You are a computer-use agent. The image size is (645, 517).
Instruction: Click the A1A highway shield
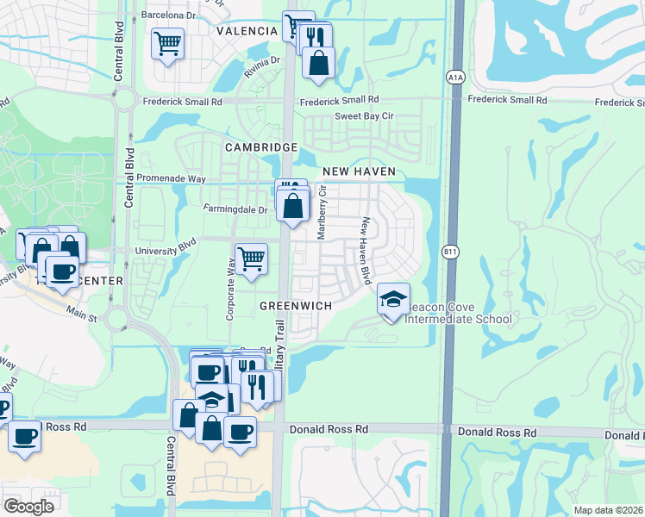click(x=454, y=78)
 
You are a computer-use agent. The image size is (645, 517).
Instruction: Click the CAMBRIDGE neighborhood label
click(x=260, y=147)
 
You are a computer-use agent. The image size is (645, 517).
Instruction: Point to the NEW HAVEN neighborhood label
click(x=359, y=171)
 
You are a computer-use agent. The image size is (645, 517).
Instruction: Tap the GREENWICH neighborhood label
click(x=296, y=306)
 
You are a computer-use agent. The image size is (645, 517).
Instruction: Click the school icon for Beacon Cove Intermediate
click(x=393, y=299)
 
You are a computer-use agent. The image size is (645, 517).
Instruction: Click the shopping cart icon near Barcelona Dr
click(x=167, y=42)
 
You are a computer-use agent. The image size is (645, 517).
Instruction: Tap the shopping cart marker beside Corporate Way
click(x=251, y=258)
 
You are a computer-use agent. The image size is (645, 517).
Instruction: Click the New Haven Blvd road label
click(x=366, y=250)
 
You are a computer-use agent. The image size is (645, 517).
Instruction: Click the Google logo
click(x=28, y=507)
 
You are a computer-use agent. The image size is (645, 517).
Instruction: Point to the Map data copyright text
click(x=608, y=510)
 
